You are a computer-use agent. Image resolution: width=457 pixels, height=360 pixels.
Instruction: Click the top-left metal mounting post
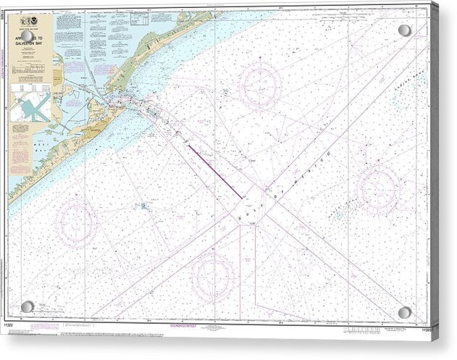27,36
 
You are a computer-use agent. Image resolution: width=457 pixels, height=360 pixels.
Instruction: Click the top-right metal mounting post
404,30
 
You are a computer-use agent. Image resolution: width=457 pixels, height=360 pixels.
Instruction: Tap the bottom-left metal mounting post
27,306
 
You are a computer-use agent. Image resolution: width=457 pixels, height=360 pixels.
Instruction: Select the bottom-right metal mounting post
405,312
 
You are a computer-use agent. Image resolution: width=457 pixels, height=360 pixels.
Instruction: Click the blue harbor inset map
30,106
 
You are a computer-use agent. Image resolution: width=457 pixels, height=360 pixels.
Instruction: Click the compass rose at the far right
378,188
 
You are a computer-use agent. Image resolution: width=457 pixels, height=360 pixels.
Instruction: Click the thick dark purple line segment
214,171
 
